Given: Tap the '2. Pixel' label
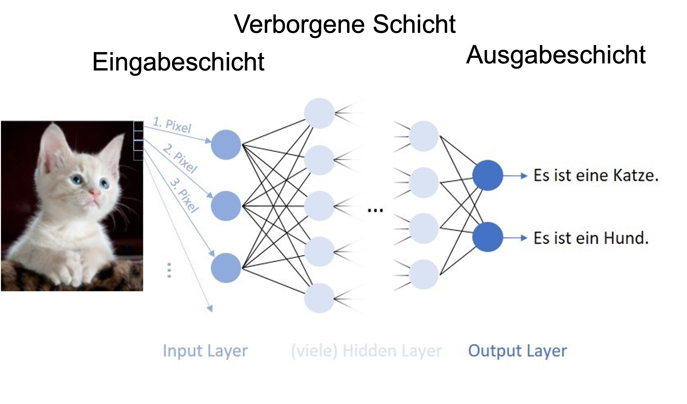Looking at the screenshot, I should (x=180, y=159).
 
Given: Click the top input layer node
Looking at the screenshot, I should (x=226, y=145).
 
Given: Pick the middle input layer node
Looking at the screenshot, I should (x=226, y=206).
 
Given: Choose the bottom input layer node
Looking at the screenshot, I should (x=226, y=268).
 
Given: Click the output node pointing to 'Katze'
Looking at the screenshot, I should (x=487, y=175).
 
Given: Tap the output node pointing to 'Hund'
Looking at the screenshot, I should (x=487, y=237).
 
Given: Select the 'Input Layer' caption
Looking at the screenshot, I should (x=205, y=351).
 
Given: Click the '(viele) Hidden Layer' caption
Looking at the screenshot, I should (x=366, y=351).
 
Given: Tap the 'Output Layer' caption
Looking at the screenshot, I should (x=517, y=351).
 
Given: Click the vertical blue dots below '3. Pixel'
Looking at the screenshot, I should (x=169, y=270).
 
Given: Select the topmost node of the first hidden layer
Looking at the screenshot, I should (x=319, y=113).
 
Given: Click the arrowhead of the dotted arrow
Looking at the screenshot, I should (x=210, y=308).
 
